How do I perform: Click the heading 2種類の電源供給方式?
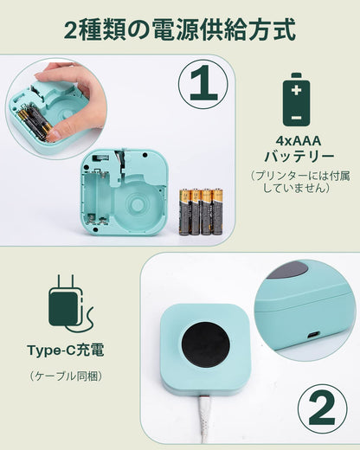180,30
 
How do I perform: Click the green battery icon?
297,100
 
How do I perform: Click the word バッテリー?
297,157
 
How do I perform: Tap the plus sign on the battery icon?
297,89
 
